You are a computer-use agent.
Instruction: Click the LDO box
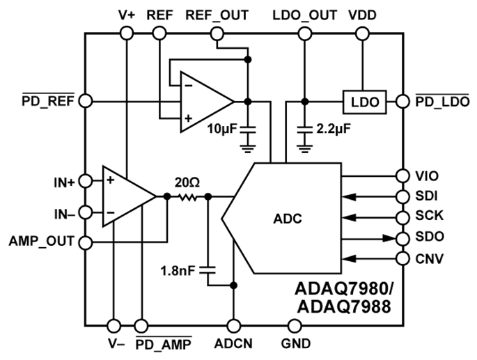(x=364, y=102)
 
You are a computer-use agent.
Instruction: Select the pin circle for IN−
(x=85, y=212)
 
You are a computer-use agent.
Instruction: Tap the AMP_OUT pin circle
(x=85, y=243)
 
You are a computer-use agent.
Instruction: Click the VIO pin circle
(x=402, y=175)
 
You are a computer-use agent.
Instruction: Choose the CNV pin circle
(x=402, y=260)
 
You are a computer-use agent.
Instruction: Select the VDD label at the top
(x=363, y=15)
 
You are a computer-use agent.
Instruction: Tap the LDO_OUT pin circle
(x=304, y=33)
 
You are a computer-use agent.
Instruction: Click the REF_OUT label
(x=217, y=15)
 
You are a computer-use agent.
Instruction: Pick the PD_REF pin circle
(x=85, y=101)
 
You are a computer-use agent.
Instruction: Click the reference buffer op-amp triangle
(x=204, y=101)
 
